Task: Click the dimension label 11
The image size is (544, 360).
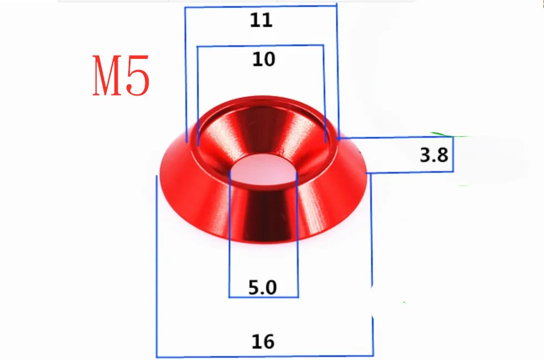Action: [261, 20]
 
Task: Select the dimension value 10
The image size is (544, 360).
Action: [263, 59]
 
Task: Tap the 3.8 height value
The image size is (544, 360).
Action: [434, 154]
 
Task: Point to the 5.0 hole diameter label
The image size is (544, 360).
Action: [263, 288]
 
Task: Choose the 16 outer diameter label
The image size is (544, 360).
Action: [263, 341]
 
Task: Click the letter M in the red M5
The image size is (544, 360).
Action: [109, 76]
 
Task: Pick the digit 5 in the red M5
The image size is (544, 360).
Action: [138, 76]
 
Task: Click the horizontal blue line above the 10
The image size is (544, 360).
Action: [261, 46]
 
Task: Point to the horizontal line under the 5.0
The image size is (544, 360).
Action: [264, 297]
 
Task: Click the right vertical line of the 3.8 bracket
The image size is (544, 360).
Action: [454, 154]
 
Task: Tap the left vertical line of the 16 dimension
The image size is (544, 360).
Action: [157, 267]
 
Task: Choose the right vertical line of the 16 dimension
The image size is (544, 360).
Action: [372, 261]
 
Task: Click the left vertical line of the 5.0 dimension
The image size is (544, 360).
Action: [230, 233]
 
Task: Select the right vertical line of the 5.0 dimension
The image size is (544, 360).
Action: [298, 233]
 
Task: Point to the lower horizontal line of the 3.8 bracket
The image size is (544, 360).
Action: [411, 172]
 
